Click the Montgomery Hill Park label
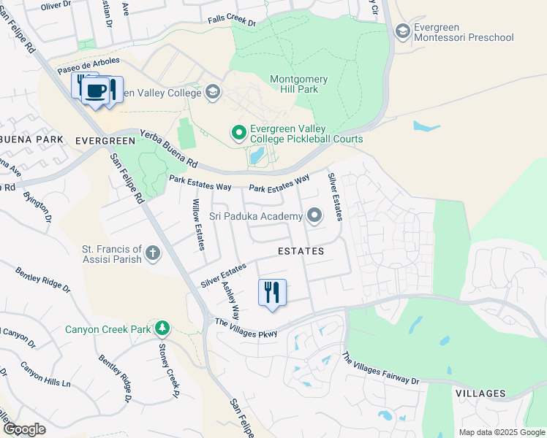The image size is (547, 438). [x=299, y=84]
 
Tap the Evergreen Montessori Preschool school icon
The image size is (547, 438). [x=402, y=31]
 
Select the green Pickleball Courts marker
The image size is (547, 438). [x=238, y=132]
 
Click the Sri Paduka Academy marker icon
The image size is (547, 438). [x=314, y=215]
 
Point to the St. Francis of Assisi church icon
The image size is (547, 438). [x=152, y=253]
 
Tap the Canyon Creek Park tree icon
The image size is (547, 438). [x=162, y=328]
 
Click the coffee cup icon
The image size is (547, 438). [x=96, y=91]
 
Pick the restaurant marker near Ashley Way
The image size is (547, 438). [x=272, y=292]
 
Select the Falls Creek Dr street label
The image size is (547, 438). [x=232, y=22]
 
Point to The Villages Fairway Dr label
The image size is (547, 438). [x=380, y=369]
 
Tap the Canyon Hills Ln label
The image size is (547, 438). [x=45, y=373]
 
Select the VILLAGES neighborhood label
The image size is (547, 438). [x=480, y=393]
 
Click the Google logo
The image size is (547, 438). [x=23, y=429]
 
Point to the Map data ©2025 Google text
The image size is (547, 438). [x=501, y=432]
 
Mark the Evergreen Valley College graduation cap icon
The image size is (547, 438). [x=212, y=92]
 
